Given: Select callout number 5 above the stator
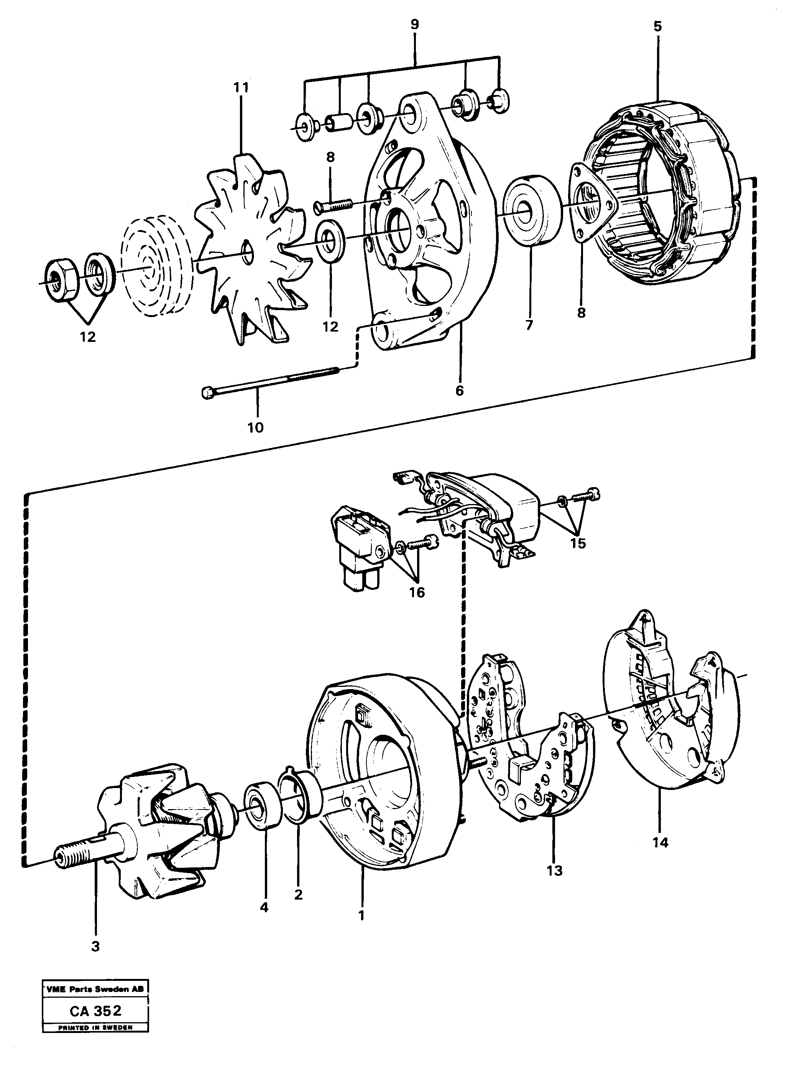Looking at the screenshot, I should [x=657, y=26].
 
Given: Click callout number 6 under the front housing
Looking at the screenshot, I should [x=459, y=391].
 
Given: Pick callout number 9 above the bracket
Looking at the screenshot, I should [x=415, y=25].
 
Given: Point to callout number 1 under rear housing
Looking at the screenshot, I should [x=361, y=916].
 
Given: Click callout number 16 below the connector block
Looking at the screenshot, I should [x=417, y=592].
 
